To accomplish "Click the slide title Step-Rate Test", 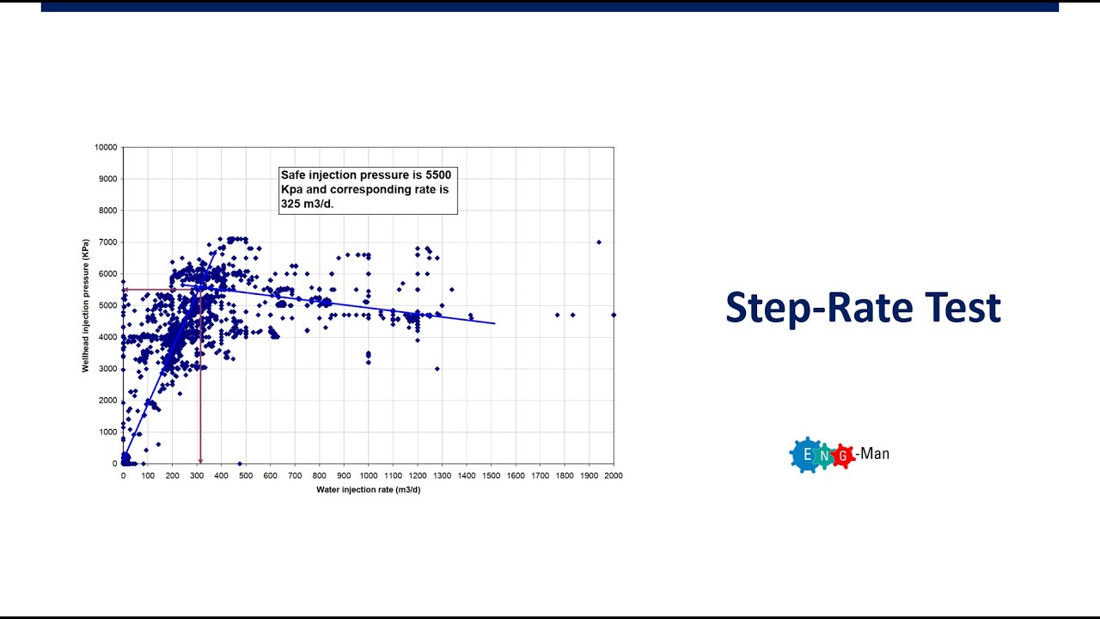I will pos(863,308).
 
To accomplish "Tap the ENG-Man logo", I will pos(839,455).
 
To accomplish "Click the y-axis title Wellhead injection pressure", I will pos(86,305).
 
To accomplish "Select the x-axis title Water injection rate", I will pos(368,490).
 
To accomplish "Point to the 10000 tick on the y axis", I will pos(105,147).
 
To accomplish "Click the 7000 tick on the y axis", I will pos(107,242).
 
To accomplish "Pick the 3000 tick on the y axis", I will pos(107,369).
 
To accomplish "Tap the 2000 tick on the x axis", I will pos(613,475).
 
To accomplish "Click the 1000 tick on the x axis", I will pos(368,475).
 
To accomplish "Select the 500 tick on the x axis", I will pos(246,475).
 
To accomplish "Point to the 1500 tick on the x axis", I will pos(491,475).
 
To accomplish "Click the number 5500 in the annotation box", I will pos(438,175).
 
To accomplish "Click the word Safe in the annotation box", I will pos(294,175).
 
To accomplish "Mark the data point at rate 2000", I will pos(614,315).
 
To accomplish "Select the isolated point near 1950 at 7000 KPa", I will pos(599,242).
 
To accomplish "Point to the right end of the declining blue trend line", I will pos(494,323).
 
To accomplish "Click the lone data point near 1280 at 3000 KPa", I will pos(437,369).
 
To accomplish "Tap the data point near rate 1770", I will pos(557,315).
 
